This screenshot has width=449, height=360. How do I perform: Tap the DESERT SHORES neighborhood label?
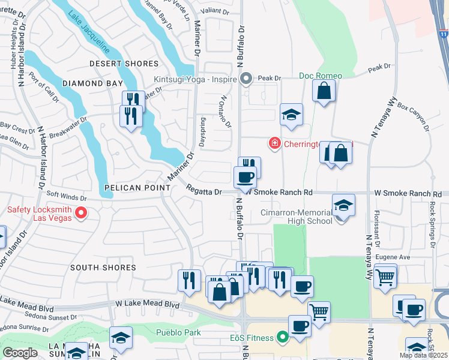(x=124, y=64)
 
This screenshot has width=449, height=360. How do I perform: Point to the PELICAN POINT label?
(x=134, y=188)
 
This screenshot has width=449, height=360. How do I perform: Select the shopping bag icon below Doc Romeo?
(x=324, y=91)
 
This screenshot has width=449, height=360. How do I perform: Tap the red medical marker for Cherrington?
(x=274, y=143)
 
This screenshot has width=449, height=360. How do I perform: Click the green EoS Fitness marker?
(x=280, y=338)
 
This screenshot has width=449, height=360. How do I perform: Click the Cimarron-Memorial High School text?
(x=295, y=217)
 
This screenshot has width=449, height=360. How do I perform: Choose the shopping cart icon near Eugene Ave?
(x=385, y=277)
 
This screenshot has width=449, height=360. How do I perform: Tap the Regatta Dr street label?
(x=204, y=192)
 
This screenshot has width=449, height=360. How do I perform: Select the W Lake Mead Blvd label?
(x=150, y=305)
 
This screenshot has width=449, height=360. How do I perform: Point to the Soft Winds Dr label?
(x=65, y=194)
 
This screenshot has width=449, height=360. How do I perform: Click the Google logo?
(x=20, y=353)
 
